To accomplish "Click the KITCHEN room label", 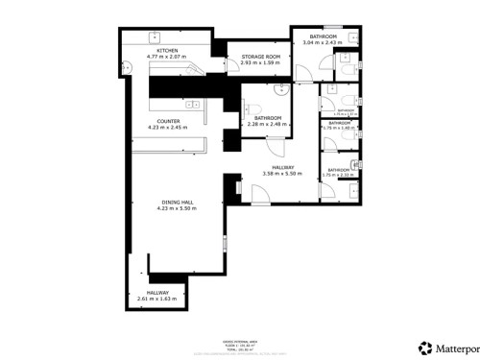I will (167, 50).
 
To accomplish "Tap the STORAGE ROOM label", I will (260, 57).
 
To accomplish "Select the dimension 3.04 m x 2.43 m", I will (322, 43).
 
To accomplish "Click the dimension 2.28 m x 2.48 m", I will (266, 123).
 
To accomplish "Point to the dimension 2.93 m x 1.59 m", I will (260, 63).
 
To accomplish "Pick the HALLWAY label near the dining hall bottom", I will (157, 292).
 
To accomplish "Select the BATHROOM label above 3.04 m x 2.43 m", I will (322, 36).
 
